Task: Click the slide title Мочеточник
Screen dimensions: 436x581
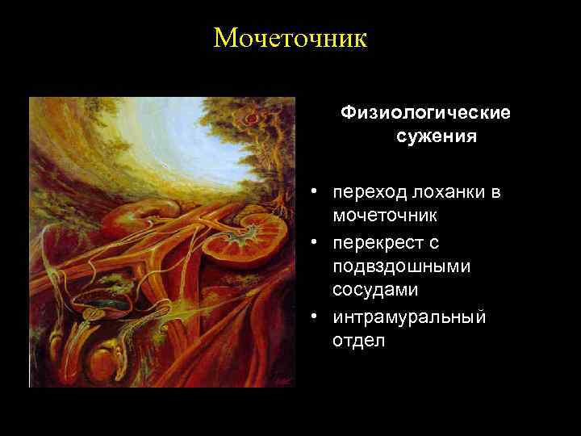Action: [x=290, y=37]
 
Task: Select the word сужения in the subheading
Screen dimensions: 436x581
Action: [x=436, y=136]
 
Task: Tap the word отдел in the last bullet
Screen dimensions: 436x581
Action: [x=358, y=340]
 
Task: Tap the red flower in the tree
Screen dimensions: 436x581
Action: [x=252, y=119]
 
